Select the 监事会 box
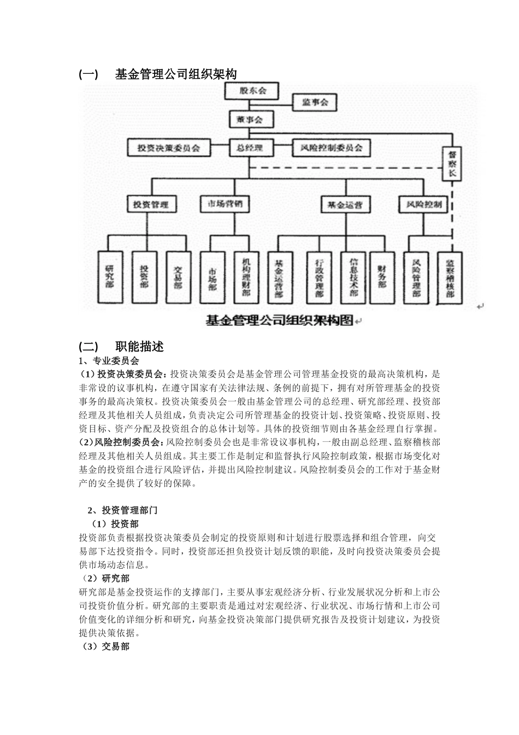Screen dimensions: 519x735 pyautogui.click(x=315, y=102)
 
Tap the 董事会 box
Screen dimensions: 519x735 pyautogui.click(x=250, y=120)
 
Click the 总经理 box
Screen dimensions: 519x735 pyautogui.click(x=250, y=148)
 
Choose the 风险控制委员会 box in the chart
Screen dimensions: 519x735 pyautogui.click(x=328, y=148)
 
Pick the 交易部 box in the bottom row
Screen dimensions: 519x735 pyautogui.click(x=179, y=277)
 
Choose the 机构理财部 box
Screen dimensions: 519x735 pyautogui.click(x=247, y=277)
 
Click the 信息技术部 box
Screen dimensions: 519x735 pyautogui.click(x=353, y=277)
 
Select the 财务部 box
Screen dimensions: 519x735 pyautogui.click(x=382, y=277)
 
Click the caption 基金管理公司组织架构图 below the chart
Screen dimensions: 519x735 pyautogui.click(x=279, y=320)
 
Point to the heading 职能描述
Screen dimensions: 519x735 pyautogui.click(x=139, y=346)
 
